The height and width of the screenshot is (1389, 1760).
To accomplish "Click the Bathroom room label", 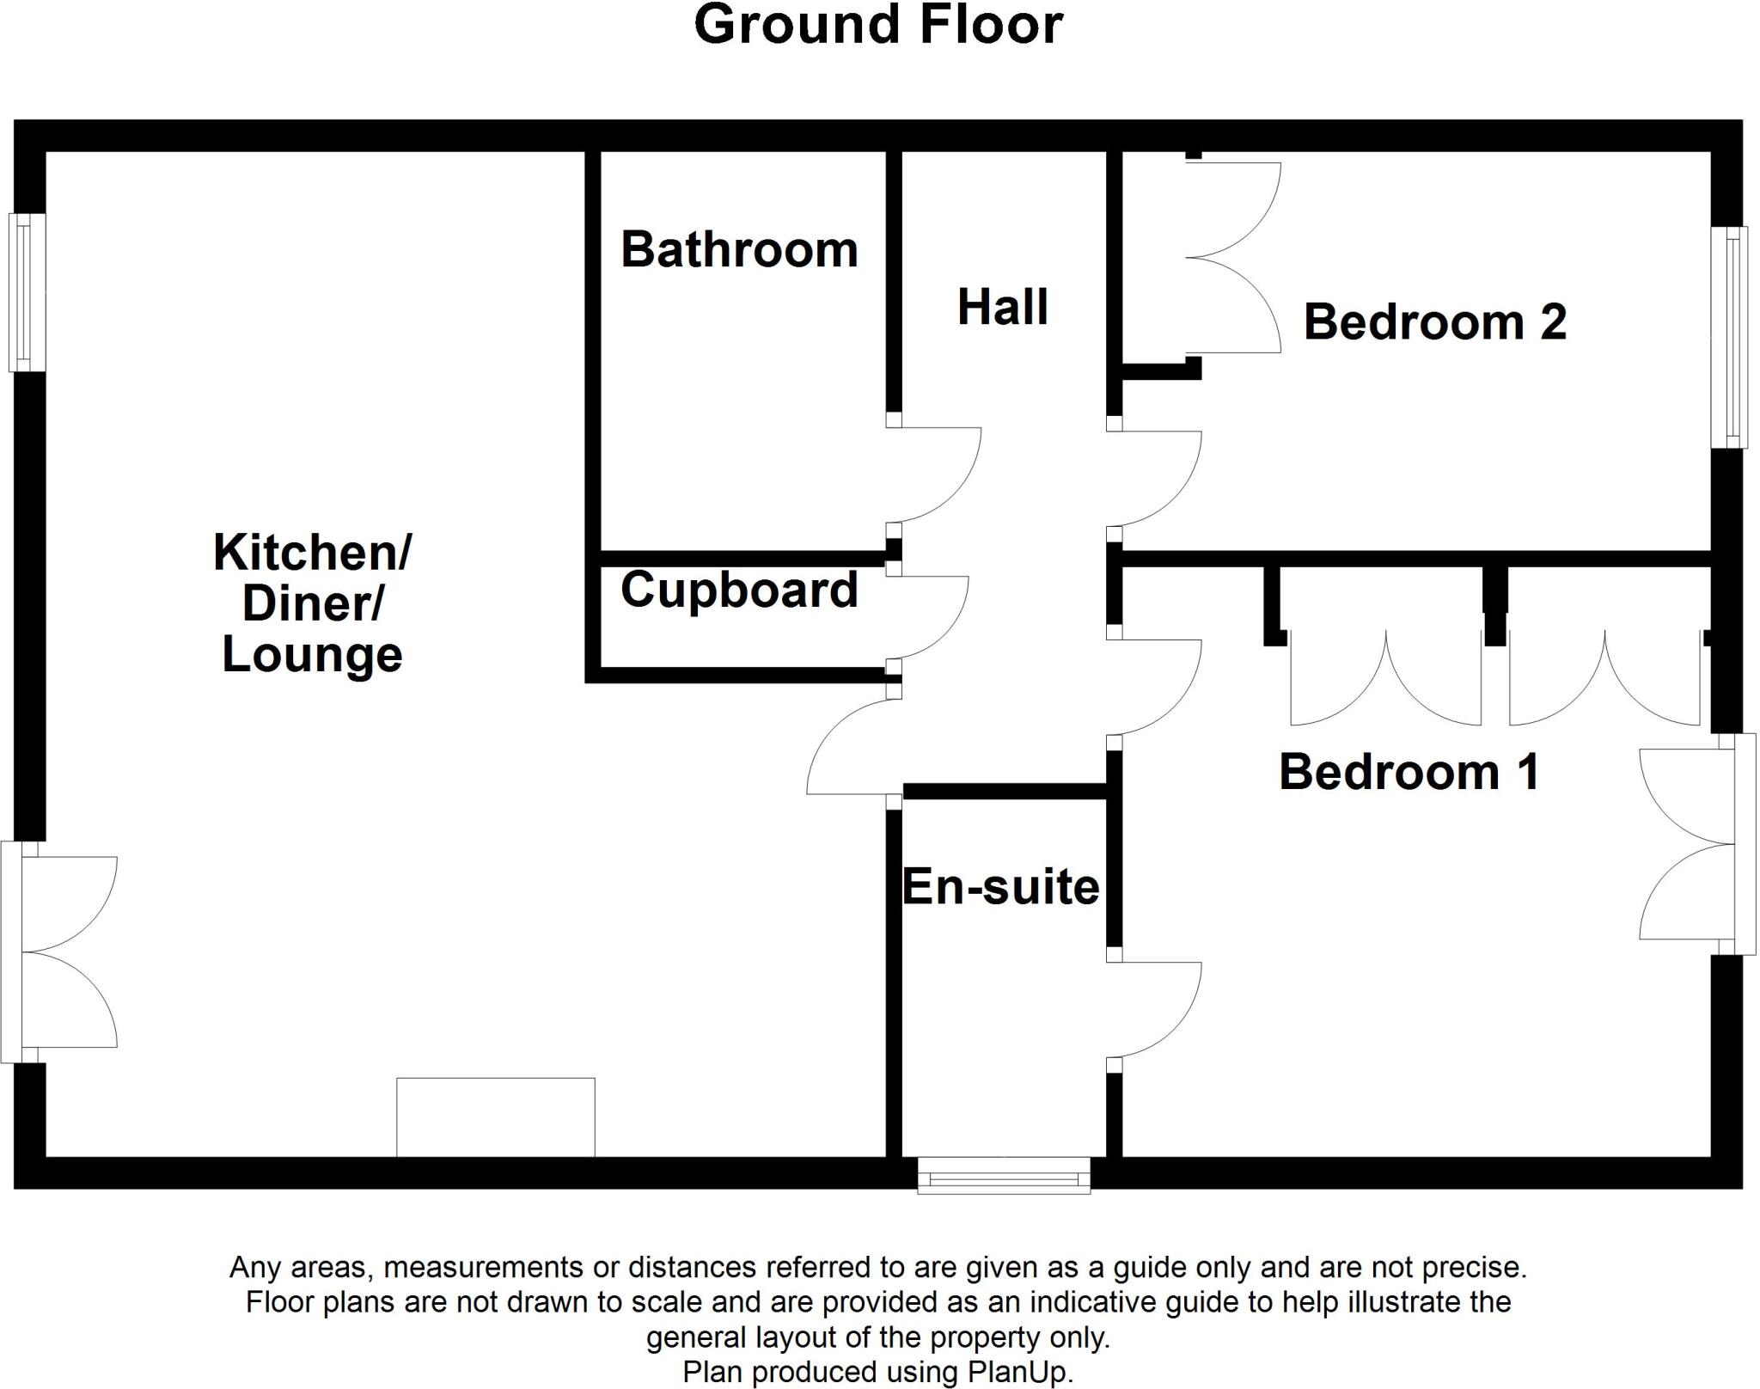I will [x=739, y=250].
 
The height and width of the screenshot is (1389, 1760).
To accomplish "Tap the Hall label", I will [x=1002, y=308].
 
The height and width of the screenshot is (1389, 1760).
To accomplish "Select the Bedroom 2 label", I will [x=1434, y=322].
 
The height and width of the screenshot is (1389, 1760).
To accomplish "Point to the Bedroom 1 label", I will [x=1409, y=772].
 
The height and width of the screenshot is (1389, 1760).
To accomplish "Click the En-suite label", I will [x=1001, y=887].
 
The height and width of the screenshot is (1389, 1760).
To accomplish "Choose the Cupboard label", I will [x=739, y=590].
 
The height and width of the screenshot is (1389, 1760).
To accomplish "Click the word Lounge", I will [x=312, y=655].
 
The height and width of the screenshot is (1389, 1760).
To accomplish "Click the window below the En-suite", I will [x=1004, y=1175].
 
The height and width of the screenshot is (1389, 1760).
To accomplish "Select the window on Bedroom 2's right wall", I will [x=1728, y=337].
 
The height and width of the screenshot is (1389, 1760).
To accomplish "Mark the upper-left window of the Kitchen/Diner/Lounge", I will [x=27, y=292].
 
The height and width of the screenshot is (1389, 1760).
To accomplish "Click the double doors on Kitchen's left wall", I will [x=60, y=952].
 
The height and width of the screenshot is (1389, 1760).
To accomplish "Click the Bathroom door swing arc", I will [x=941, y=477].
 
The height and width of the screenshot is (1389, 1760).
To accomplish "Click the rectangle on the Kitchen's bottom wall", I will [x=495, y=1117].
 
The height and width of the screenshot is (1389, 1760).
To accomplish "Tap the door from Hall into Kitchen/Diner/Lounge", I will [x=851, y=746].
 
